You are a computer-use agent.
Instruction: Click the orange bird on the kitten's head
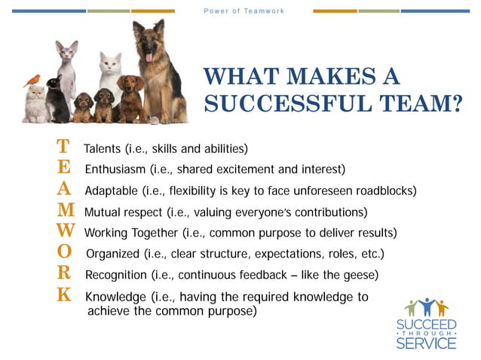point(32,80)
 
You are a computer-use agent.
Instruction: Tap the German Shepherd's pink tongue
point(149,56)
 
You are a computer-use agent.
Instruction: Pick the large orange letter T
point(64,145)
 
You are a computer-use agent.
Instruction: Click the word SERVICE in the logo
point(426,343)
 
